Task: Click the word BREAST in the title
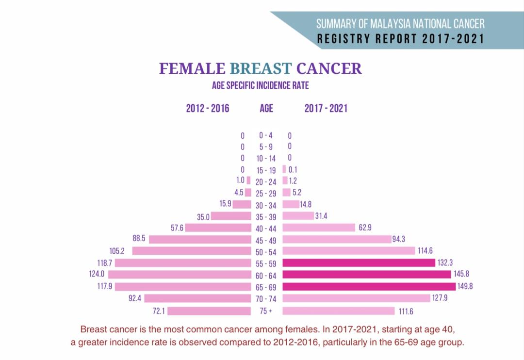(x=261, y=68)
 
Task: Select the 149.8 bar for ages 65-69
(x=369, y=286)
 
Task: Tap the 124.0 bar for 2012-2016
(x=180, y=275)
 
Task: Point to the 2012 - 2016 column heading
(x=207, y=108)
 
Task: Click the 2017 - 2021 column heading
(x=326, y=108)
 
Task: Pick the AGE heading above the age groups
(x=266, y=108)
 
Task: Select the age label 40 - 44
(x=266, y=229)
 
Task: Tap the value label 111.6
(x=406, y=311)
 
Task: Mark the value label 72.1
(x=159, y=311)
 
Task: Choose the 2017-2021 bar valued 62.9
(x=319, y=228)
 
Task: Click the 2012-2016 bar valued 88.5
(x=200, y=239)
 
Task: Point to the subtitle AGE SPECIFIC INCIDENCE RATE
(x=261, y=86)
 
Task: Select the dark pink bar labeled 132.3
(x=359, y=263)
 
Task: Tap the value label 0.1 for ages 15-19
(x=293, y=170)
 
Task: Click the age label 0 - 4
(x=266, y=136)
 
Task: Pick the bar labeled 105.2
(x=192, y=251)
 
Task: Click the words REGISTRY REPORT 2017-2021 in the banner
(x=401, y=39)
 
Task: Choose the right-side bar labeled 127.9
(x=356, y=298)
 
